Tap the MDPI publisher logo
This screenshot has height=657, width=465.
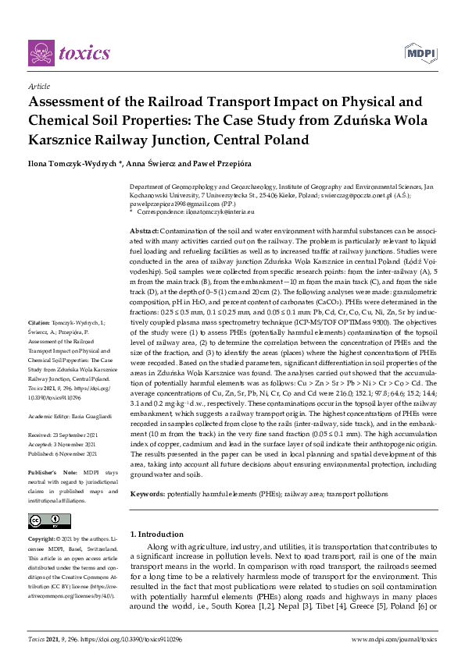tap(420, 52)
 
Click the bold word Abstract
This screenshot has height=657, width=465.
tap(144, 233)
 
